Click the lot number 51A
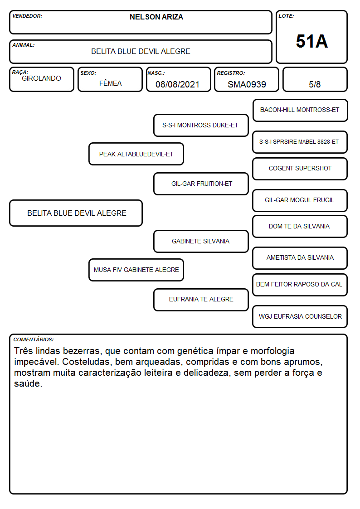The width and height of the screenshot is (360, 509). pyautogui.click(x=311, y=41)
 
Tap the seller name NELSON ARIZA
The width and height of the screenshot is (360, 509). pyautogui.click(x=156, y=17)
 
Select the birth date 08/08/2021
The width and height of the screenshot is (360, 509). pyautogui.click(x=177, y=84)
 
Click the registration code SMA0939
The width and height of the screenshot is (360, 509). pyautogui.click(x=247, y=84)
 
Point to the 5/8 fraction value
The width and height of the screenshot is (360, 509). pyautogui.click(x=315, y=84)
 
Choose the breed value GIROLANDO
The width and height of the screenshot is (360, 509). pyautogui.click(x=41, y=78)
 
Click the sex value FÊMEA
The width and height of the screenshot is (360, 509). pyautogui.click(x=110, y=83)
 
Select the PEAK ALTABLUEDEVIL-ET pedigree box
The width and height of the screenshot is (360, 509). pyautogui.click(x=136, y=154)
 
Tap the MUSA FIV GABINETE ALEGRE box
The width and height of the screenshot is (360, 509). pyautogui.click(x=136, y=270)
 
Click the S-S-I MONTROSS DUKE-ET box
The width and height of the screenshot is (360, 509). pyautogui.click(x=201, y=125)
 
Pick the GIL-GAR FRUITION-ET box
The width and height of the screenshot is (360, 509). pyautogui.click(x=201, y=184)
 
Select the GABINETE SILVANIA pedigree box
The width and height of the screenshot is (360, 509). pyautogui.click(x=201, y=241)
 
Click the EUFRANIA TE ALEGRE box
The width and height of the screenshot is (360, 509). pyautogui.click(x=201, y=299)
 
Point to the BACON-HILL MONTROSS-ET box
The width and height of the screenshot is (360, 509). pyautogui.click(x=300, y=110)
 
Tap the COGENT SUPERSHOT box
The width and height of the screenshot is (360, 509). pyautogui.click(x=300, y=169)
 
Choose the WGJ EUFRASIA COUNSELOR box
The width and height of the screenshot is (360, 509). pyautogui.click(x=300, y=316)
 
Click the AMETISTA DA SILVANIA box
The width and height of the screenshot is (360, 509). pyautogui.click(x=300, y=258)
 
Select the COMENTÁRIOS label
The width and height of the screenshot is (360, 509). pyautogui.click(x=34, y=339)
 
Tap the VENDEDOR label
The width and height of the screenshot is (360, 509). pyautogui.click(x=27, y=16)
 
